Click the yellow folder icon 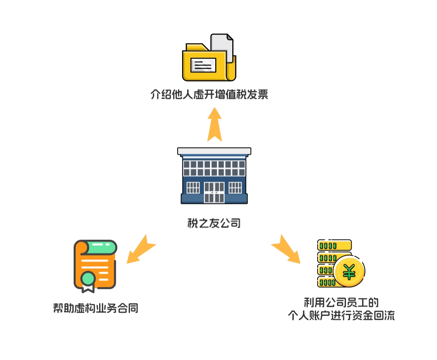(206, 65)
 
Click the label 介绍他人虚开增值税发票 (209, 95)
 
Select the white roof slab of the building (214, 151)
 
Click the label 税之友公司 (214, 223)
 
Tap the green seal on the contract (88, 278)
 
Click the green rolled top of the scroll (101, 247)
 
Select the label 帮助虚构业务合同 (95, 308)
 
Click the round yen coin (349, 271)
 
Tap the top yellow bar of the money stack (334, 245)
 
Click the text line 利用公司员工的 (341, 302)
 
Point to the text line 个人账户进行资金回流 (341, 316)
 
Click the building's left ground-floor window (193, 188)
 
